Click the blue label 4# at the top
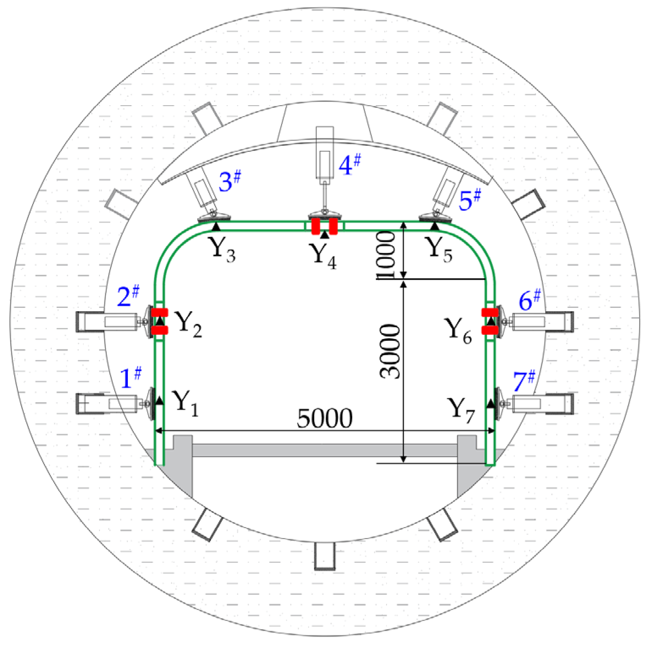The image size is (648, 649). pos(350,165)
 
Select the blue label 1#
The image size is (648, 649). pos(130,378)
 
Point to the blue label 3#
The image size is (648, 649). pos(229,182)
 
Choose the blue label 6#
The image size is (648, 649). pos(529,301)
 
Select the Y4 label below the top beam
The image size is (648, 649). pos(323,255)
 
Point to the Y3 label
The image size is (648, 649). pos(223,249)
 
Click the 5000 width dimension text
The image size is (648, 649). pos(325,419)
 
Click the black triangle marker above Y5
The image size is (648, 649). pos(435,226)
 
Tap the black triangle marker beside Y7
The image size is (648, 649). pos(491,403)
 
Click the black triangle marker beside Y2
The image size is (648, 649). pos(160,321)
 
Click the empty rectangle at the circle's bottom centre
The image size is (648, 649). pos(325,556)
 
